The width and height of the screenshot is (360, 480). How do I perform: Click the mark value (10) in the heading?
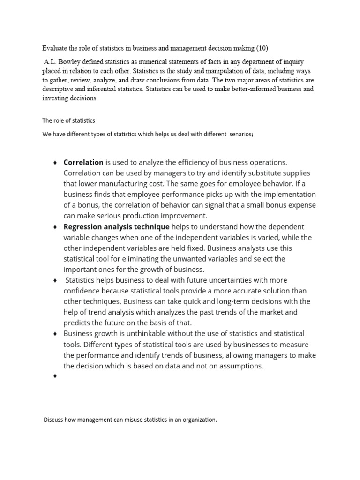pos(262,48)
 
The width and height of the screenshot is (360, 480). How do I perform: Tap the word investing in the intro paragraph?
pos(56,98)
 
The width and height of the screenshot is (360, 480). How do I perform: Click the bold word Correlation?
pos(83,162)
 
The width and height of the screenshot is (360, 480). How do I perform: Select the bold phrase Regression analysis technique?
pos(116,227)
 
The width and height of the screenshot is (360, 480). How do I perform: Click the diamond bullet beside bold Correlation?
pos(55,163)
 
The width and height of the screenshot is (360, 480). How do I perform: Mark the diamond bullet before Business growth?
pos(55,334)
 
